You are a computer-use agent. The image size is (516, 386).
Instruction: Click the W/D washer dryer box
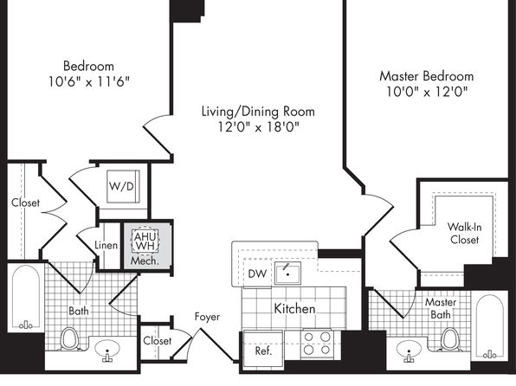pos(123,186)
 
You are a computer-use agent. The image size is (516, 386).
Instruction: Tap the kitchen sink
pos(287,273)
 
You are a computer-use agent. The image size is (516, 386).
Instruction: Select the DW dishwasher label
pos(257,273)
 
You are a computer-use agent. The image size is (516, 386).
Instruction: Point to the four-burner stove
pos(317,344)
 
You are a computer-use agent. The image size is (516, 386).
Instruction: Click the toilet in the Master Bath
pos(449,339)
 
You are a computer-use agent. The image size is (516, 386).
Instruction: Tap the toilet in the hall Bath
pos(69,338)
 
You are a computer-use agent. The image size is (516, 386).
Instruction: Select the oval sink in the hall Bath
pos(107,350)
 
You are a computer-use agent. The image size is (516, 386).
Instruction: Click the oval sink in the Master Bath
pos(409,351)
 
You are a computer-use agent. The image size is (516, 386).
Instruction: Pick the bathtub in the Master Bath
pos(490,326)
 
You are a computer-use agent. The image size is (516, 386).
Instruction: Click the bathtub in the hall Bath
pos(26,298)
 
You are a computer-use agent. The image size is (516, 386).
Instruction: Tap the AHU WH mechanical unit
pos(145,241)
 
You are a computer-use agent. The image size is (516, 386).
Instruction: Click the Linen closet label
pos(106,245)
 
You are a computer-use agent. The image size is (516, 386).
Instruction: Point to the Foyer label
pos(207,317)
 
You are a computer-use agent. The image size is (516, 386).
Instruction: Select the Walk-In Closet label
pos(464,233)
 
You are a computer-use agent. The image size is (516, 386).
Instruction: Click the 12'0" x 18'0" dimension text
pos(258,126)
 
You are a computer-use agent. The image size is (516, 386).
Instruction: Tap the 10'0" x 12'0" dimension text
pos(427,92)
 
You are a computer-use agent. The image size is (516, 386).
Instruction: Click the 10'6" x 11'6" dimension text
pos(89,81)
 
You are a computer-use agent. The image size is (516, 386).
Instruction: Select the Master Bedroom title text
pos(427,76)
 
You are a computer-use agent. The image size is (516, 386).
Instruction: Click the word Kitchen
pos(294,309)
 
